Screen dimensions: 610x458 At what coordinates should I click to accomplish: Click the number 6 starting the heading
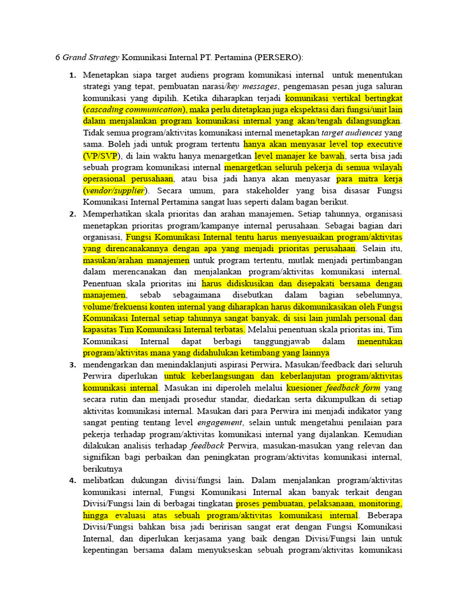[x=57, y=58]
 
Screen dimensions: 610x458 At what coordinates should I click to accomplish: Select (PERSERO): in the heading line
[x=280, y=58]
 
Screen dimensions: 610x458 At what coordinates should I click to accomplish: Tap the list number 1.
[x=73, y=76]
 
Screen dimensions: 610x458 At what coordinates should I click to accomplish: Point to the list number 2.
[x=73, y=214]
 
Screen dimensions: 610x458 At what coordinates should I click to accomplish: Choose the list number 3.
[x=73, y=364]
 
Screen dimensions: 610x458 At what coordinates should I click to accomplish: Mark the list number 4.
[x=73, y=480]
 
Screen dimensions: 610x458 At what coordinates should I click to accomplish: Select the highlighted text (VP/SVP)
[x=101, y=156]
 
